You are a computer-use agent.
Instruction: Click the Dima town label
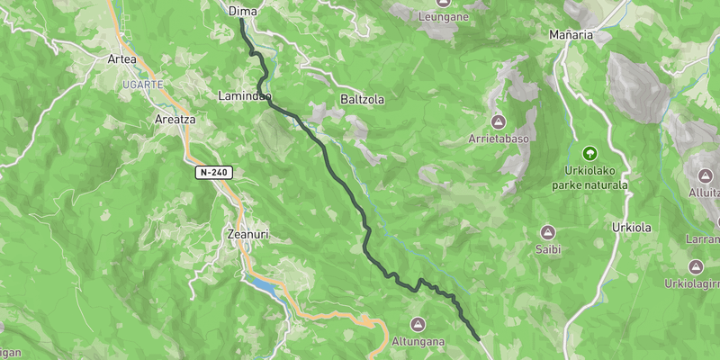[x=243, y=11]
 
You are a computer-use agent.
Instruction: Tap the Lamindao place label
[x=244, y=95]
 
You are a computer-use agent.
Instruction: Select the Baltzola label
[x=363, y=99]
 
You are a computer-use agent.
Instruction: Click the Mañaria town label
[x=571, y=35]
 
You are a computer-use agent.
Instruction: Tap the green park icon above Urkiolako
[x=590, y=154]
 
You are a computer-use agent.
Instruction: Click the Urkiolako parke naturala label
[x=589, y=177]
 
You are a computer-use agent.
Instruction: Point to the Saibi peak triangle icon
[x=548, y=232]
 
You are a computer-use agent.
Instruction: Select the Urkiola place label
[x=631, y=227]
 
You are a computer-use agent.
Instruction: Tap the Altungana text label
[x=416, y=342]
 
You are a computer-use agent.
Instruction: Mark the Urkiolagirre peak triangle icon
[x=696, y=267]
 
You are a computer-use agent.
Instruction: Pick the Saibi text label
[x=548, y=249]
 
